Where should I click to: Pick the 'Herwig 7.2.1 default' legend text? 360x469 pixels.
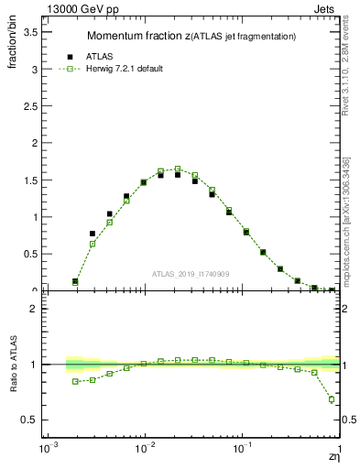[124, 69]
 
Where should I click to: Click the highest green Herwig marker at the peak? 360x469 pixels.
[178, 169]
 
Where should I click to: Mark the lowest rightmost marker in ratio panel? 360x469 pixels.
[332, 399]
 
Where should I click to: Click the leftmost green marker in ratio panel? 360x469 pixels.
[75, 381]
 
